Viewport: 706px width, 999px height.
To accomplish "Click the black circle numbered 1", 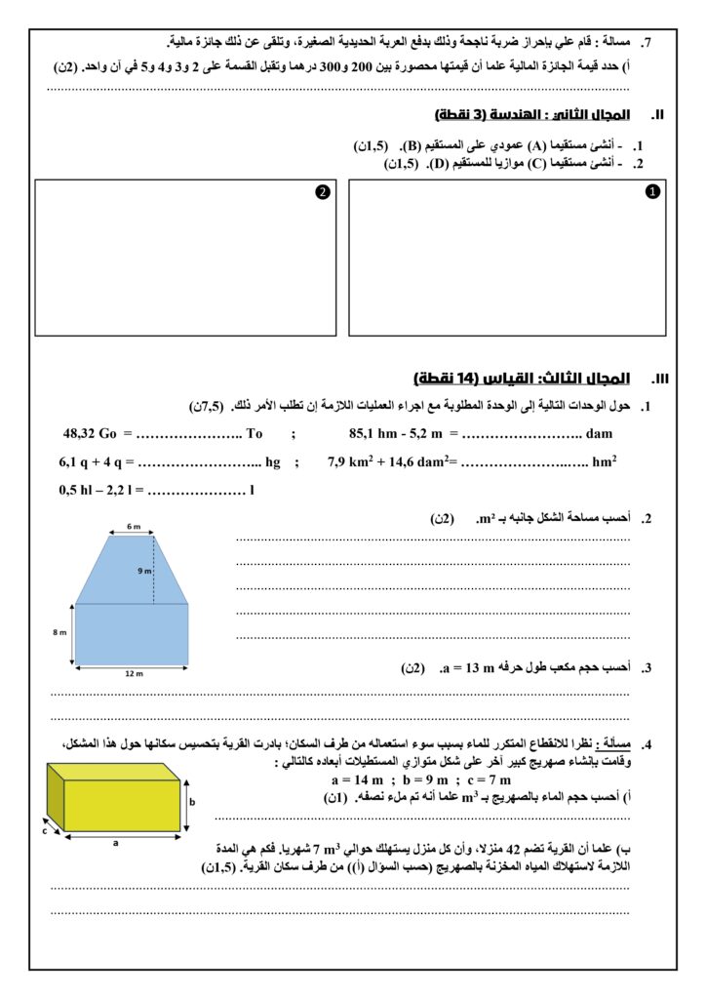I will [x=652, y=192].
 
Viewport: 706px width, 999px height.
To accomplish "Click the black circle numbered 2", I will [x=321, y=192].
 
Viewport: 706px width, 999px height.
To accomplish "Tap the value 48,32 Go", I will [x=90, y=433].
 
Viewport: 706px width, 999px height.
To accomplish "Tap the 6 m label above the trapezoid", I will [x=133, y=527].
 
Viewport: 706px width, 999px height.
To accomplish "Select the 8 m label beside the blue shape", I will [x=59, y=633].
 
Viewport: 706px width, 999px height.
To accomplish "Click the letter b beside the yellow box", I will [x=192, y=801].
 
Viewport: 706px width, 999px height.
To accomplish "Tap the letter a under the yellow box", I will [x=115, y=844].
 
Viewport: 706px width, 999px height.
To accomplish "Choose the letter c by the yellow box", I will [x=45, y=832].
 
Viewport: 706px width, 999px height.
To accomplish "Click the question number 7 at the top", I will [x=646, y=43].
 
